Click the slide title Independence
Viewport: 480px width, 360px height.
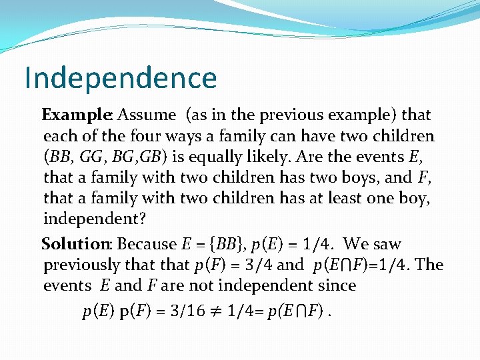pos(121,78)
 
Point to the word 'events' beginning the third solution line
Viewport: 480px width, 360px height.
pos(67,286)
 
